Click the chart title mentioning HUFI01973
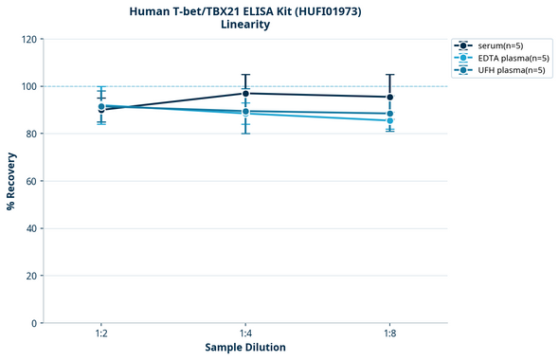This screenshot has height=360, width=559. click(x=245, y=10)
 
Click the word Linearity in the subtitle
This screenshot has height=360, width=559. click(x=245, y=25)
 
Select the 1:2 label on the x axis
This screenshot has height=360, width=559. click(x=101, y=334)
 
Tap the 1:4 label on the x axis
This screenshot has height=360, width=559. click(x=245, y=334)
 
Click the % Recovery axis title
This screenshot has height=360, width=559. click(x=11, y=180)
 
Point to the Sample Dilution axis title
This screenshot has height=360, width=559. click(x=245, y=348)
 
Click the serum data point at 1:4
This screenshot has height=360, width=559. click(x=245, y=93)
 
